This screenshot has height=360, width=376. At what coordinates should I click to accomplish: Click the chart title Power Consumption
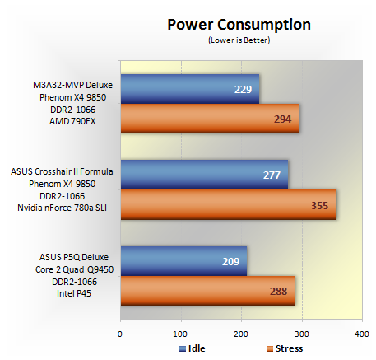click(239, 25)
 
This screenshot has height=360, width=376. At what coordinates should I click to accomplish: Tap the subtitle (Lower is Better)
click(239, 40)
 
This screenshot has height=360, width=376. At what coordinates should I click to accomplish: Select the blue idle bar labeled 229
click(190, 89)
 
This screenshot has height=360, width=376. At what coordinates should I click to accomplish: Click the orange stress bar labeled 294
click(210, 119)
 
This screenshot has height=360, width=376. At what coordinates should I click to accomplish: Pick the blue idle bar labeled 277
click(204, 175)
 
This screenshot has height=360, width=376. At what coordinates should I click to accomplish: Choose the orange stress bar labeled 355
click(228, 204)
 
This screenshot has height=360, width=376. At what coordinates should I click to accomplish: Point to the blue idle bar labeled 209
click(183, 261)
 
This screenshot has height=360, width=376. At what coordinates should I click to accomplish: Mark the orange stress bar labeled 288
click(207, 291)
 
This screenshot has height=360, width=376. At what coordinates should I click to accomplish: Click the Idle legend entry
click(193, 348)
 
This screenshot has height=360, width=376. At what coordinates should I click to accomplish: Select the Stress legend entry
click(285, 348)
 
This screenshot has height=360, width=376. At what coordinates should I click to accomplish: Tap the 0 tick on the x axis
click(120, 334)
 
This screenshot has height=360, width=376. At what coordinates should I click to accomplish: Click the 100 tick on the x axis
click(180, 334)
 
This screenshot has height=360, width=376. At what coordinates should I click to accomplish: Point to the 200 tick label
click(241, 334)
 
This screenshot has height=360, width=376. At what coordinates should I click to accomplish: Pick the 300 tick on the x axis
click(302, 334)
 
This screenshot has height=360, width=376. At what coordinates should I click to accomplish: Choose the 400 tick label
click(362, 334)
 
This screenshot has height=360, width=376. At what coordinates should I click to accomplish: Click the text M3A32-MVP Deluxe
click(72, 85)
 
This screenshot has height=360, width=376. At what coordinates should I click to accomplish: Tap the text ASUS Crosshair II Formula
click(62, 171)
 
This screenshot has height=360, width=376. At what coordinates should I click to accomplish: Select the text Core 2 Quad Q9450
click(74, 269)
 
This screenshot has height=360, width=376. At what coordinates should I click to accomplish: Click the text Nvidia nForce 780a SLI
click(62, 208)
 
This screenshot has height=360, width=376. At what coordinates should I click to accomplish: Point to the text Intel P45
click(74, 293)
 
